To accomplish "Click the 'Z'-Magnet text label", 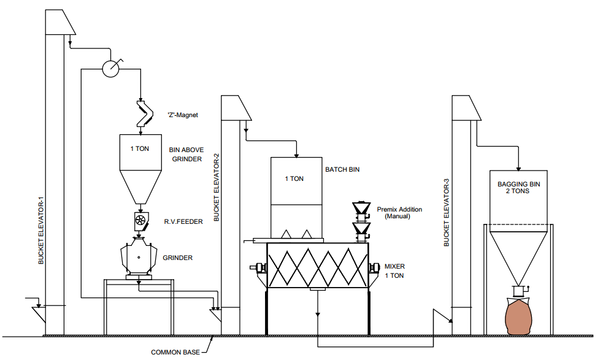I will [x=183, y=115].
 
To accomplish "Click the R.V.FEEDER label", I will [x=183, y=221].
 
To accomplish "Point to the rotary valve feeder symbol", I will [x=140, y=220].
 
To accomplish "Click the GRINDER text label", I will [x=177, y=258].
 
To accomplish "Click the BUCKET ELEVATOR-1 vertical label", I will [x=41, y=231].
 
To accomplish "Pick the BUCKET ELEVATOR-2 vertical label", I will [x=216, y=188].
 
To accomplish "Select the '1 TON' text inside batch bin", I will [x=294, y=179].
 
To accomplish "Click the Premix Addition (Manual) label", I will [x=399, y=213].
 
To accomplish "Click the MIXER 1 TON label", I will [x=394, y=272].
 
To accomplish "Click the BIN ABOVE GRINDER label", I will [x=186, y=155].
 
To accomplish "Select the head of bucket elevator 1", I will [x=59, y=23].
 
